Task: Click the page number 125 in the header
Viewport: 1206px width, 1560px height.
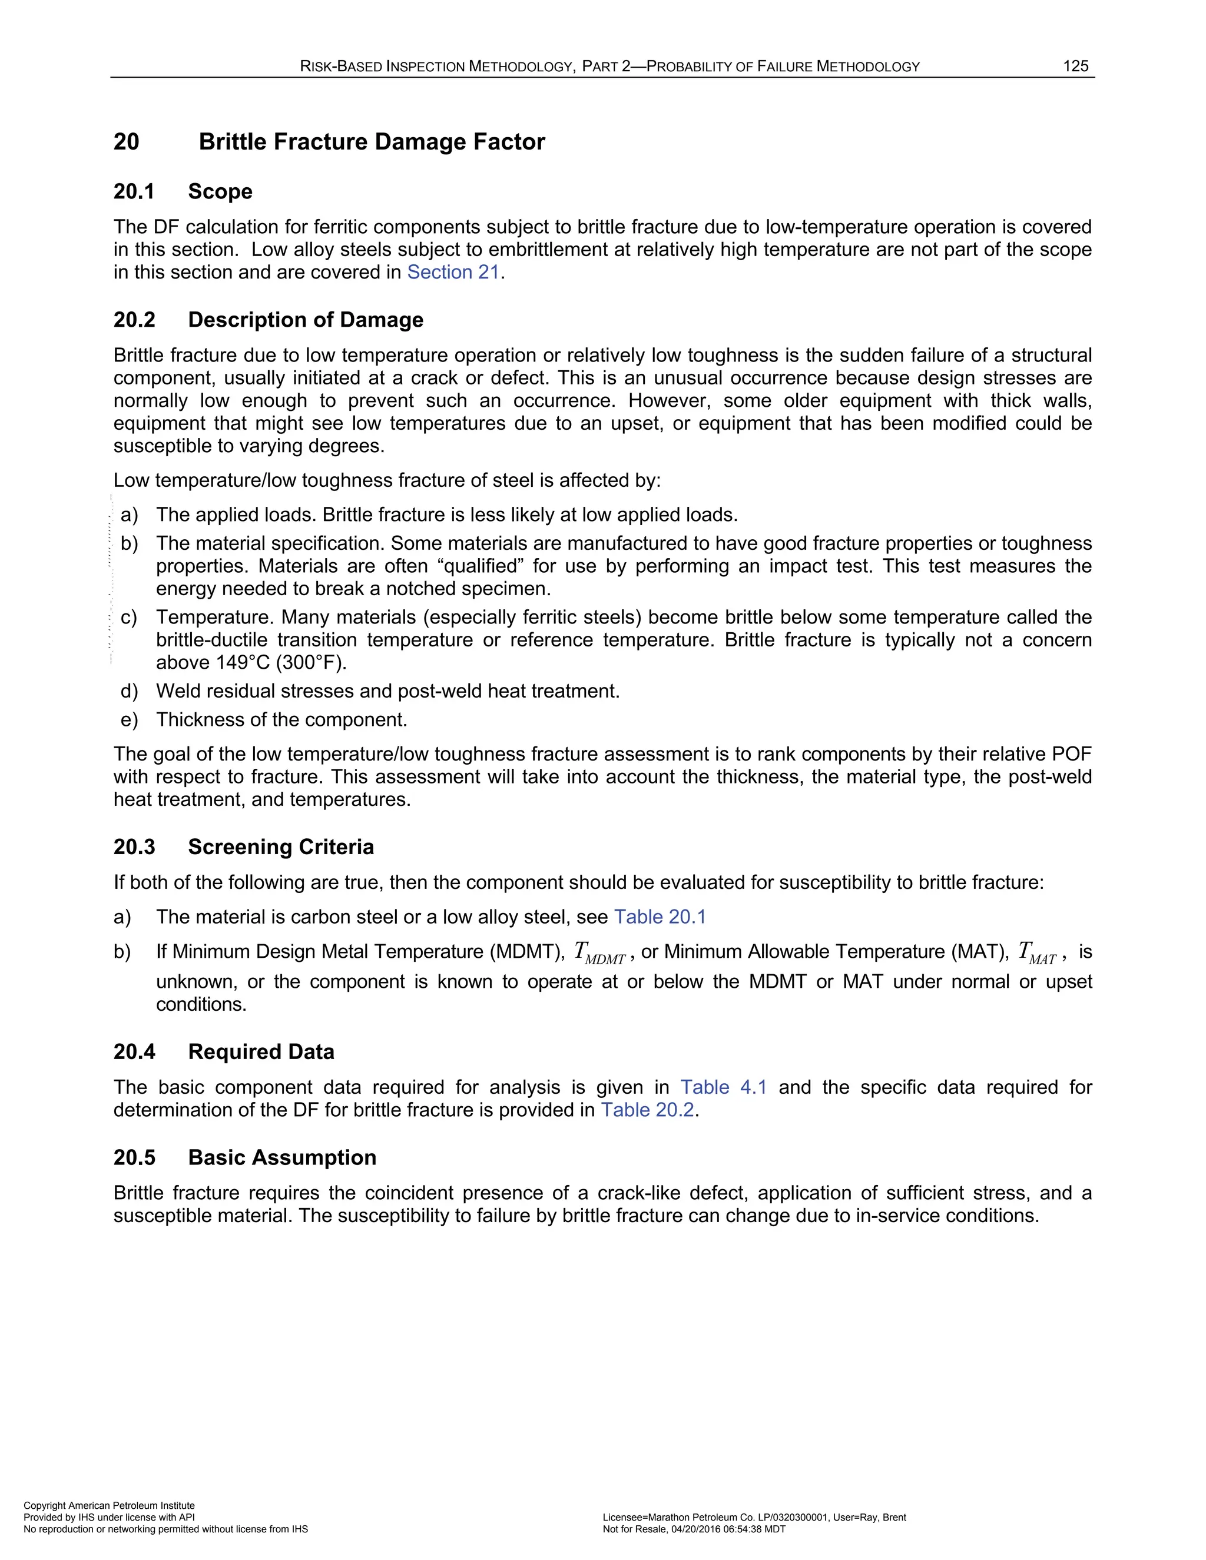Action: (1075, 67)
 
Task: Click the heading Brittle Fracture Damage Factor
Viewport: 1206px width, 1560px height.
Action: (372, 141)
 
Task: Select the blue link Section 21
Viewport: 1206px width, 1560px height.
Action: (453, 272)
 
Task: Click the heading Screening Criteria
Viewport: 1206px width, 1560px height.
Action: (281, 847)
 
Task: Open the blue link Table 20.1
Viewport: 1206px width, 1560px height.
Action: (660, 917)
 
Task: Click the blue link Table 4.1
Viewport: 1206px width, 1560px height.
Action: (723, 1087)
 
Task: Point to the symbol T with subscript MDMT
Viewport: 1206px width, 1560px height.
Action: (599, 954)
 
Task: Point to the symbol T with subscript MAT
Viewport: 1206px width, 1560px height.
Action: (1036, 954)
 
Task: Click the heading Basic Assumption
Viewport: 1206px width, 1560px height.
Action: (282, 1157)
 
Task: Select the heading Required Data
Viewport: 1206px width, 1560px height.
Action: (261, 1051)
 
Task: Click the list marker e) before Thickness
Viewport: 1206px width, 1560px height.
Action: (130, 719)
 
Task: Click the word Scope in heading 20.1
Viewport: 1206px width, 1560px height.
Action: (220, 191)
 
